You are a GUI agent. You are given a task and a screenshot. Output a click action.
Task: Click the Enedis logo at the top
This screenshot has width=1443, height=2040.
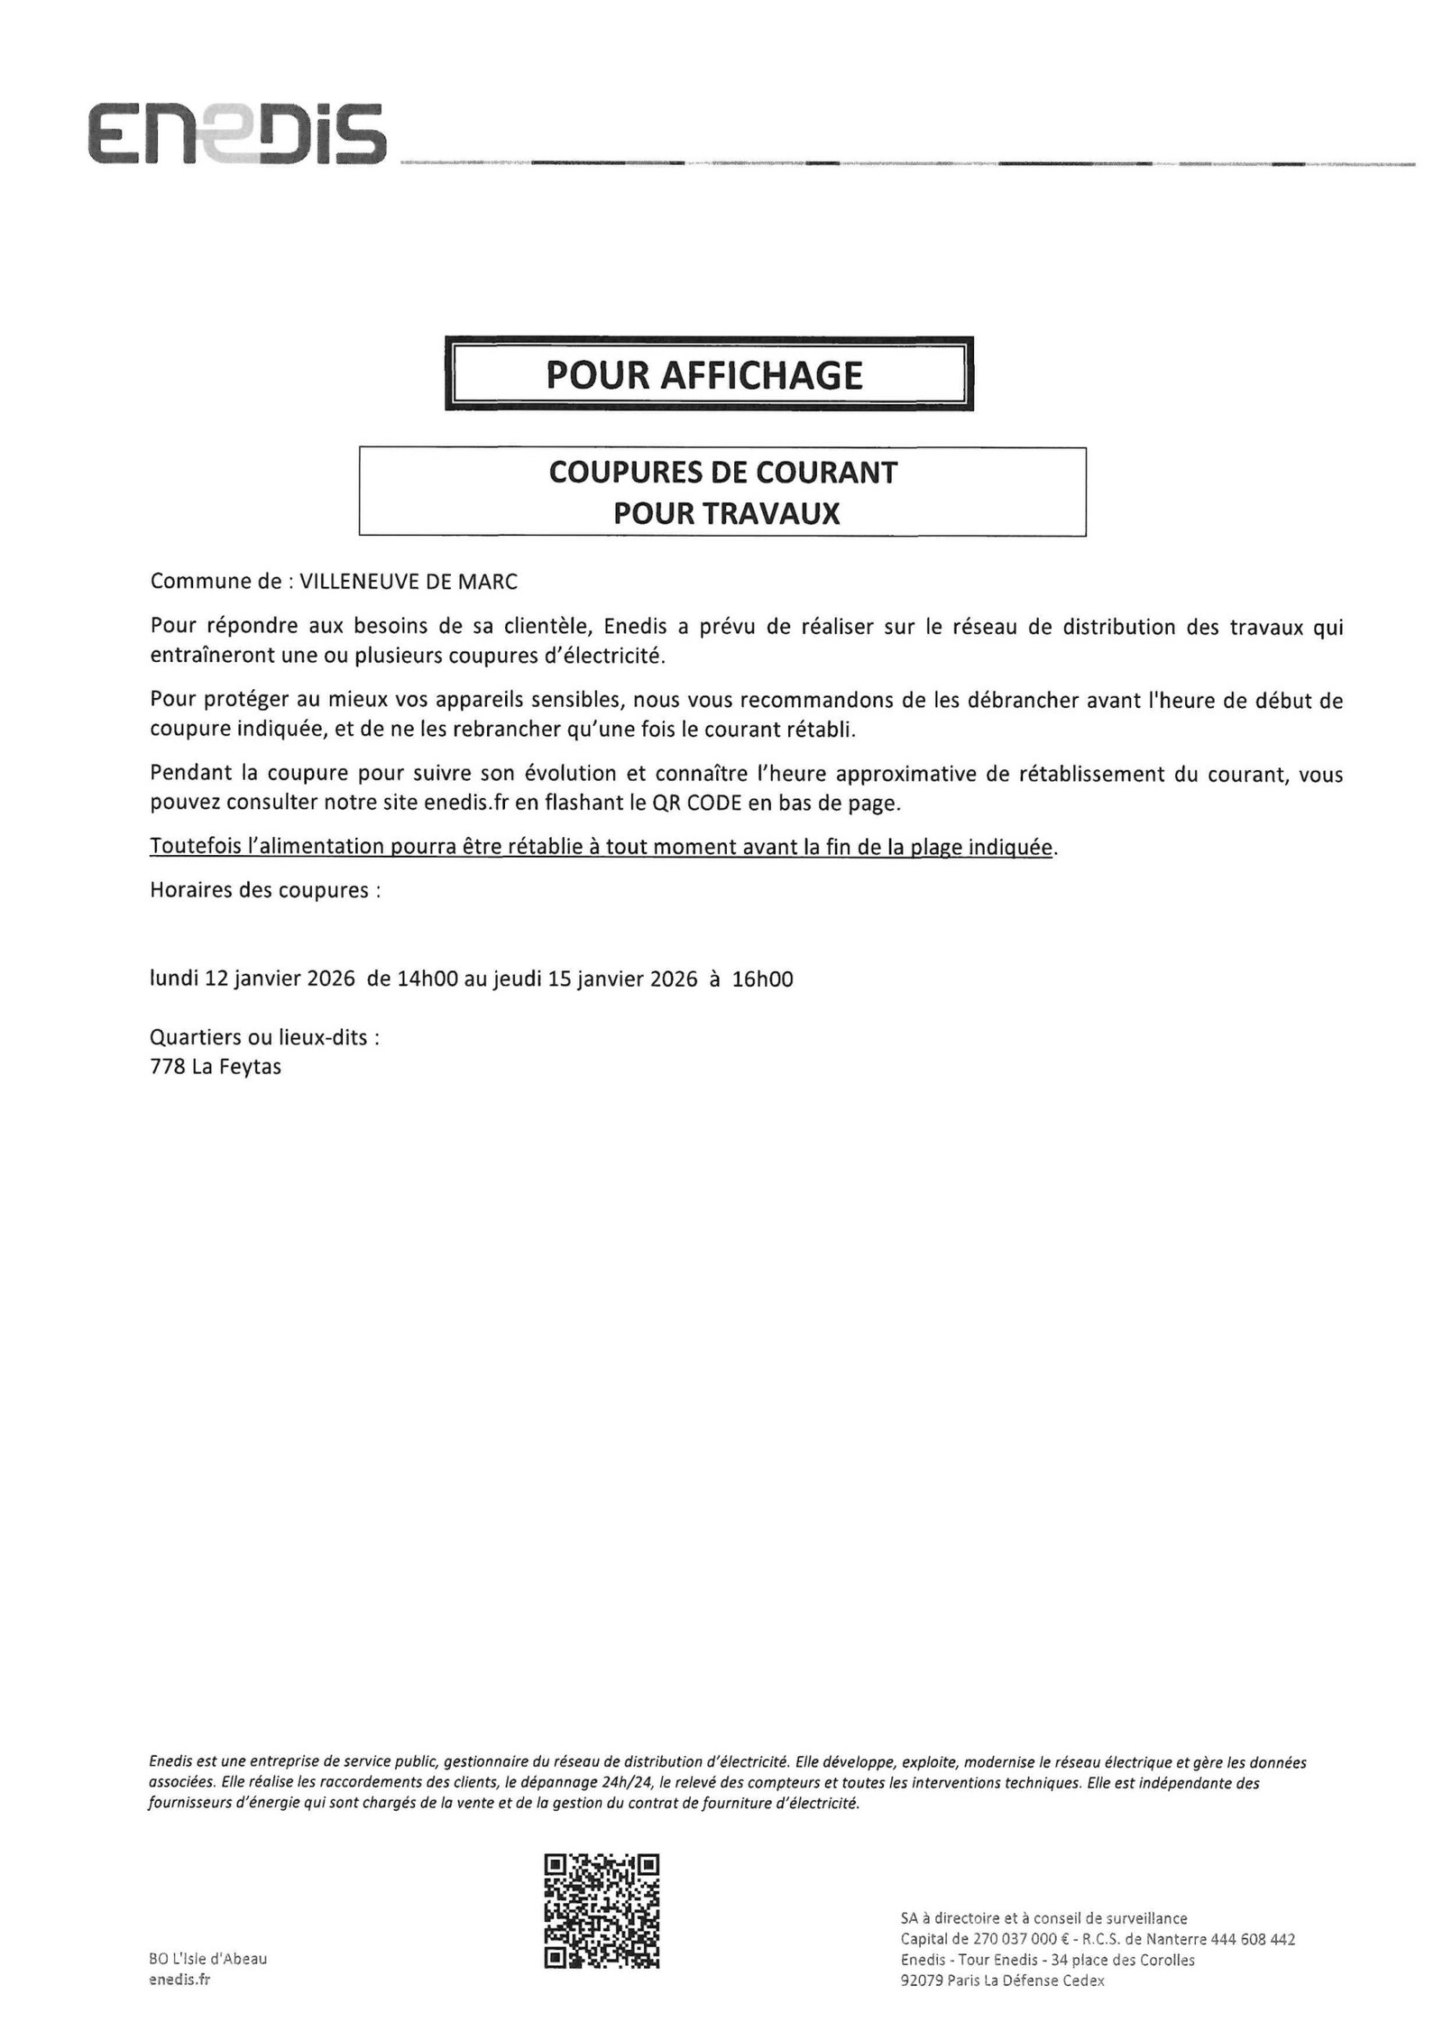click(x=236, y=133)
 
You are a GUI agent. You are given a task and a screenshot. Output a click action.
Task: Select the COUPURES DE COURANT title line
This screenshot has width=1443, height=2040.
click(x=722, y=473)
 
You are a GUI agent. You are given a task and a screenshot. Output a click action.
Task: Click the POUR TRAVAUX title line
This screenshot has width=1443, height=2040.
click(x=726, y=513)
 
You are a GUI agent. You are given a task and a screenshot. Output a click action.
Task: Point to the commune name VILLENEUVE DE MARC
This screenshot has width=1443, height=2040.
click(x=409, y=582)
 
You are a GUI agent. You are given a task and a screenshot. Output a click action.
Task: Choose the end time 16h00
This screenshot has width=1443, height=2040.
click(x=762, y=979)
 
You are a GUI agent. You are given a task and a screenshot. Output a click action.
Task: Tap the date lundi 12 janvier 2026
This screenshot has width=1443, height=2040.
click(x=253, y=979)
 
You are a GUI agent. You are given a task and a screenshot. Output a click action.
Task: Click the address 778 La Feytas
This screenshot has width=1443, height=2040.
click(x=216, y=1067)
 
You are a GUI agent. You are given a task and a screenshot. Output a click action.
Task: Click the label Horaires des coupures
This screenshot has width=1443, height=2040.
click(x=264, y=890)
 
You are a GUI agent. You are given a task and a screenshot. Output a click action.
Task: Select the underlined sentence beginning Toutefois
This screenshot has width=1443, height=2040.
click(x=601, y=847)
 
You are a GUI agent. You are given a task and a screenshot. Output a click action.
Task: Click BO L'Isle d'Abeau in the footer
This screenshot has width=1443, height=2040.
click(x=207, y=1958)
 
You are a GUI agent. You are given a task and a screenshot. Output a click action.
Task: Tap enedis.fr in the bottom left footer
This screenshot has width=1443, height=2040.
click(x=179, y=1979)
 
